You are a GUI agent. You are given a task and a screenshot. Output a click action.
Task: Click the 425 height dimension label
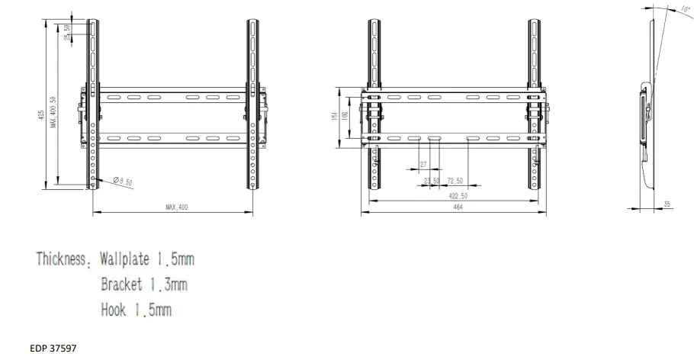pyautogui.click(x=40, y=114)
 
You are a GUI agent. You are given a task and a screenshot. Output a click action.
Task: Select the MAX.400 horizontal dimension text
pyautogui.click(x=176, y=207)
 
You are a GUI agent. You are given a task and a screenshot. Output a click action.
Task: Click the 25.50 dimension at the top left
pyautogui.click(x=68, y=33)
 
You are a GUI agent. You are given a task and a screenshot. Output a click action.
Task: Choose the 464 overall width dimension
pyautogui.click(x=457, y=207)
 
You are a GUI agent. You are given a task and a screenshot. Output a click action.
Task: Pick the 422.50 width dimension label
pyautogui.click(x=458, y=195)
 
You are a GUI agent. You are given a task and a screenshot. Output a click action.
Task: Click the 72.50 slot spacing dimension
pyautogui.click(x=456, y=182)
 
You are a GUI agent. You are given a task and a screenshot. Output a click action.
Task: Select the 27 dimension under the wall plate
pyautogui.click(x=423, y=165)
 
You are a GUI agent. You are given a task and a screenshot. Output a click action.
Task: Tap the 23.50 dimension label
pyautogui.click(x=432, y=182)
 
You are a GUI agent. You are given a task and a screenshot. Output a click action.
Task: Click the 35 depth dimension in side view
pyautogui.click(x=666, y=204)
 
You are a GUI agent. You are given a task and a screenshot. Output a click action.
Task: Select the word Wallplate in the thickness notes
pyautogui.click(x=130, y=259)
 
